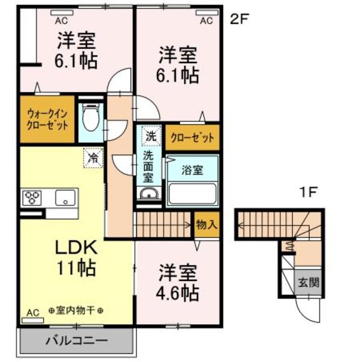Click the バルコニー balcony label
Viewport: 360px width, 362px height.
[x=77, y=341]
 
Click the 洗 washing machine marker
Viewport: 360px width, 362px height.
[x=150, y=136]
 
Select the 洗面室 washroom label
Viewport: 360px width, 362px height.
[x=149, y=165]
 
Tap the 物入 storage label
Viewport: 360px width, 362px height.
[x=206, y=224]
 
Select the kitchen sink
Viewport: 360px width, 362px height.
[x=65, y=199]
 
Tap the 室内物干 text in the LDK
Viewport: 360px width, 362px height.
[x=76, y=311]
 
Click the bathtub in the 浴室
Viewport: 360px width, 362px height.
[x=192, y=193]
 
